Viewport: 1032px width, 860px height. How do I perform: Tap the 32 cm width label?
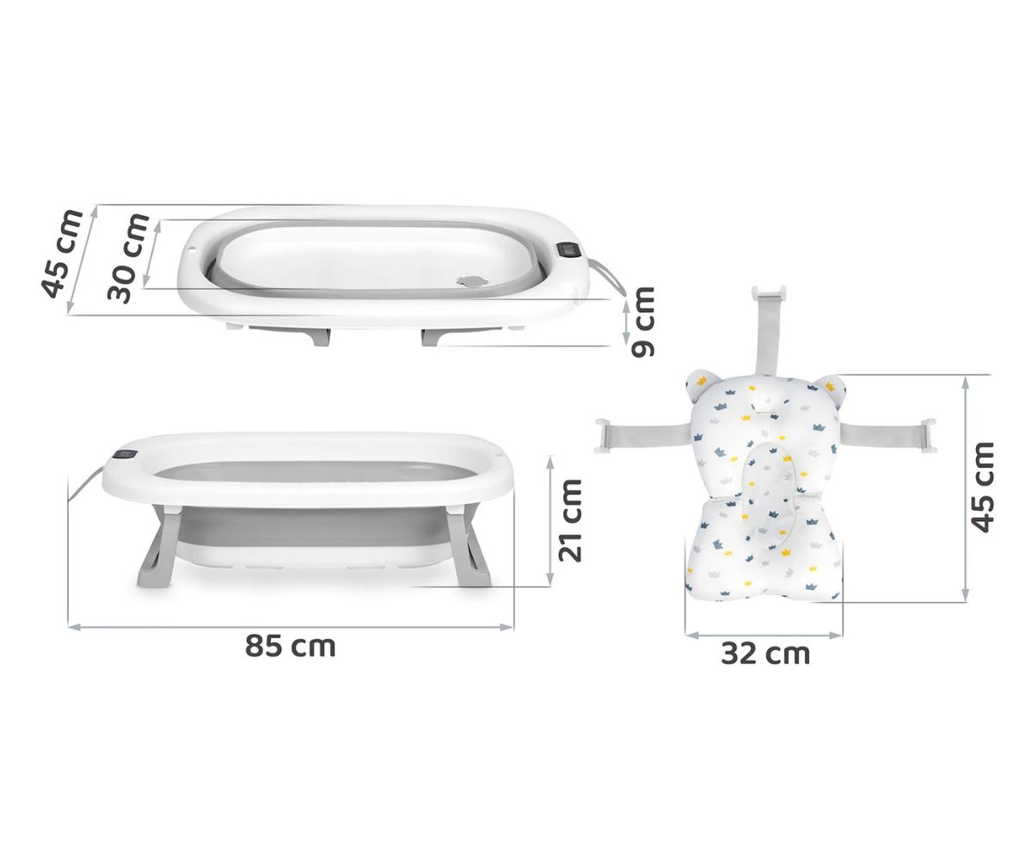765,653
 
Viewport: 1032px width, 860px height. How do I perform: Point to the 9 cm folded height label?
642,322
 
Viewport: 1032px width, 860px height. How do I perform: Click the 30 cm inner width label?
128,257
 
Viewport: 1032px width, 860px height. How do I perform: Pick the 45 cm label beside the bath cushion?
982,487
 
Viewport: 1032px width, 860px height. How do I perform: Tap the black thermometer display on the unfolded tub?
126,455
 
